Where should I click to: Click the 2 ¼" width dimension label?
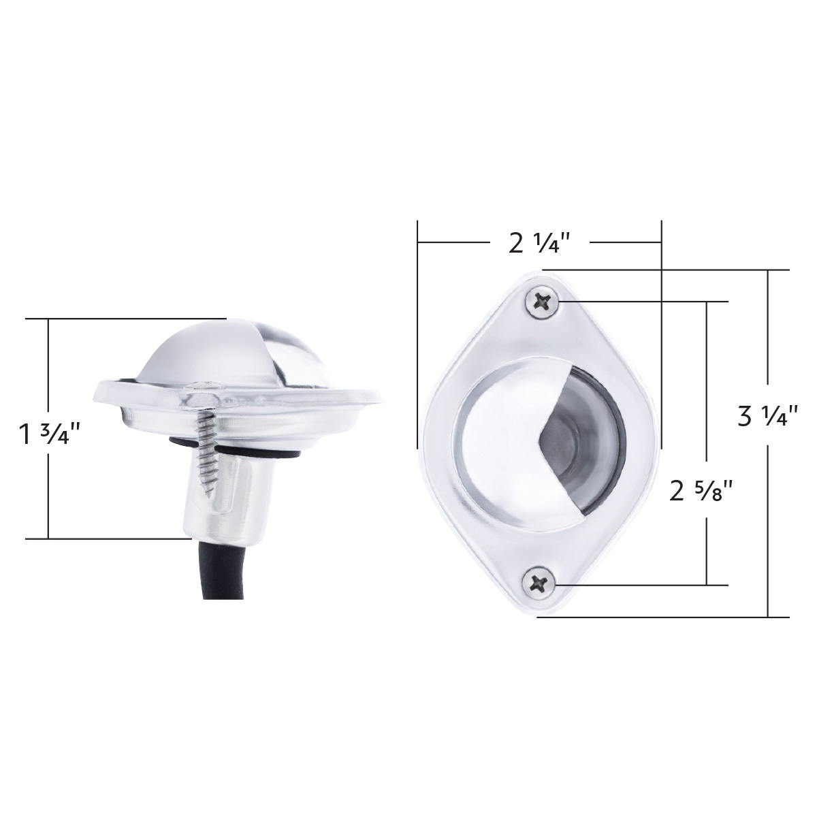click(541, 244)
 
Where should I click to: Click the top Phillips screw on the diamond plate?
click(542, 302)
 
